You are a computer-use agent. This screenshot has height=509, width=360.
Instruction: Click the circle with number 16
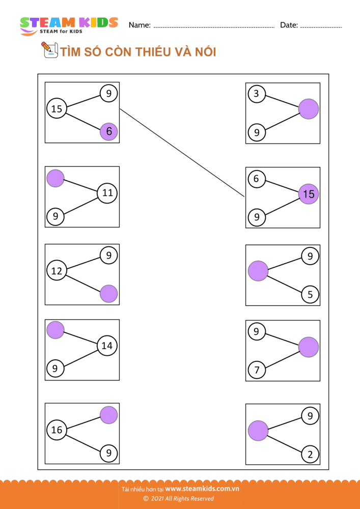57,430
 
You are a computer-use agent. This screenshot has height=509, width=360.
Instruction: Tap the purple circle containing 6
108,131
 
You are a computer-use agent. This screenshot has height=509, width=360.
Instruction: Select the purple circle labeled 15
309,194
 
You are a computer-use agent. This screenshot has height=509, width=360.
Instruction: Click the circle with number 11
107,193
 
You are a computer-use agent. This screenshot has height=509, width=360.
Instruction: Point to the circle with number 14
107,346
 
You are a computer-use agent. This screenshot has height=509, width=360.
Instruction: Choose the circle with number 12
57,271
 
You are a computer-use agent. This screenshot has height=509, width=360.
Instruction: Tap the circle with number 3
257,94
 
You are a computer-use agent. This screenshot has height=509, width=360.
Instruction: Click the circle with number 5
310,294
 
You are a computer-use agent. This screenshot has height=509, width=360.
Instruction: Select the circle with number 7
257,370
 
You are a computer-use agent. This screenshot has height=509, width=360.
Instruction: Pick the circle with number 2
310,455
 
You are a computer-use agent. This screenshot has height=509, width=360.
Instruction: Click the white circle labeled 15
57,108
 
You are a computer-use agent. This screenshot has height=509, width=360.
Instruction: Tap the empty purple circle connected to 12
108,294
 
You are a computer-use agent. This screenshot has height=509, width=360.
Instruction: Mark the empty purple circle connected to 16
108,415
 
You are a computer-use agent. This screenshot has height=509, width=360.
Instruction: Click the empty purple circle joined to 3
309,109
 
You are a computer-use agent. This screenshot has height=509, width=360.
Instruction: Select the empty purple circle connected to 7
309,347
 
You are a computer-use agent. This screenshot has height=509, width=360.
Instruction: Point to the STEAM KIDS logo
69,25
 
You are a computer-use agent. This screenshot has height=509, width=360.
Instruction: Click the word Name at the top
139,25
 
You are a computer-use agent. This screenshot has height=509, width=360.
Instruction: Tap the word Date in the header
289,25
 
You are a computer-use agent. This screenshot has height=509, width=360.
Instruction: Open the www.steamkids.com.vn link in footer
202,489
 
